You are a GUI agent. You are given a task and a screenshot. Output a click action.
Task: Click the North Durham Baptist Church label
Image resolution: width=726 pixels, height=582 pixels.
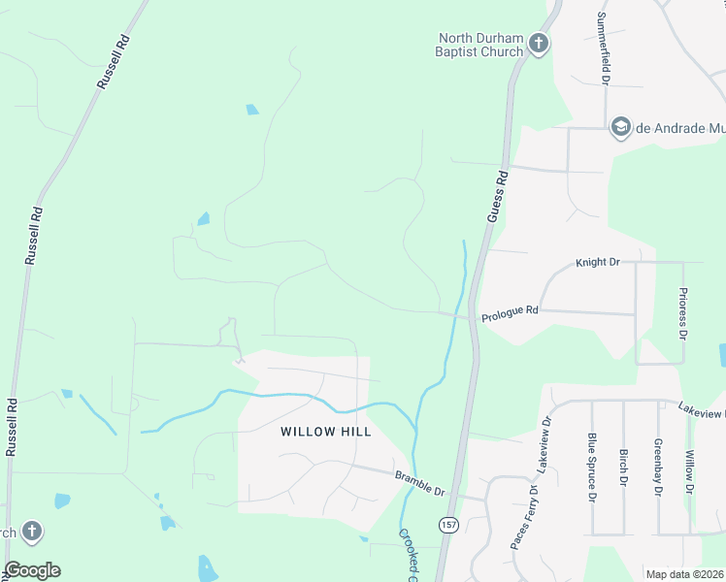(x=478, y=45)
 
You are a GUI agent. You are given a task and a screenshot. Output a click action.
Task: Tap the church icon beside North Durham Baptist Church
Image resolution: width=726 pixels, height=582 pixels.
(x=539, y=44)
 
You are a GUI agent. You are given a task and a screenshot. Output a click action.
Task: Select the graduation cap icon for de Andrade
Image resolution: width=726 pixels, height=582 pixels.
(x=620, y=127)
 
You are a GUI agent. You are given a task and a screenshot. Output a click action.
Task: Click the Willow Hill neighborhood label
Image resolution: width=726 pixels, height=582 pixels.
(x=326, y=432)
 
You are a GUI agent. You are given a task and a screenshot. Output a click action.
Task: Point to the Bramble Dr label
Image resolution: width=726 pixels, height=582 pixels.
(x=418, y=482)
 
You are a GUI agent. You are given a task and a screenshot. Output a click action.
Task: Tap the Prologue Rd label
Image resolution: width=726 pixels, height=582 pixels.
(x=510, y=310)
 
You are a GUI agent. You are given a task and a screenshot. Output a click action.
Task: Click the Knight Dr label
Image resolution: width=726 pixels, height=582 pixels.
(x=597, y=262)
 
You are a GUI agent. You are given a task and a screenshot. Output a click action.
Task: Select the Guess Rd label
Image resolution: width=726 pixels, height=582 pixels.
(x=497, y=198)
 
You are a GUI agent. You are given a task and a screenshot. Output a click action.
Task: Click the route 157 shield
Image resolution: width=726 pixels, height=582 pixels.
(x=448, y=525)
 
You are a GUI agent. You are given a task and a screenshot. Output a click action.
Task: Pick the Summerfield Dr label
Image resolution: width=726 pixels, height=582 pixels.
(x=603, y=46)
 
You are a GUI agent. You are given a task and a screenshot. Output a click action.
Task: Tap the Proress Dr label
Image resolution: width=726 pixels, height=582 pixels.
(x=683, y=313)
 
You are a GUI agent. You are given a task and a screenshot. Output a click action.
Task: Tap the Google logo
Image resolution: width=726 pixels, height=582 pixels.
(x=32, y=570)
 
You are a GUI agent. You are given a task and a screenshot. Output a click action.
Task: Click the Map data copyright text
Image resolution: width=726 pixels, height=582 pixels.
(x=684, y=574)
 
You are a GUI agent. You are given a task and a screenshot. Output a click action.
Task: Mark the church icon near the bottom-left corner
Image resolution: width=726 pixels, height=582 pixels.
(x=31, y=531)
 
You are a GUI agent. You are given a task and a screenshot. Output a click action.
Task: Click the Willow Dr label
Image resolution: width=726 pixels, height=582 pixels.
(x=689, y=471)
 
